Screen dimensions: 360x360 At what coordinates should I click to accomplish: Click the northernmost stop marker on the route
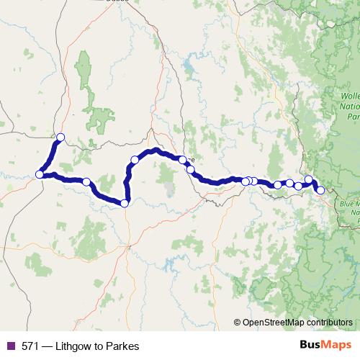pos(60,137)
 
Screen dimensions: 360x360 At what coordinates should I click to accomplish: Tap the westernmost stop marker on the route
pos(39,174)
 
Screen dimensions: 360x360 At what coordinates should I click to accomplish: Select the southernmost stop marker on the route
pos(125,203)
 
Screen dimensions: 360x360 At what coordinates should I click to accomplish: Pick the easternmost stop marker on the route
pos(320,190)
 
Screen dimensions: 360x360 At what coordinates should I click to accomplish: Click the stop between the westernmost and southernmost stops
pos(86,182)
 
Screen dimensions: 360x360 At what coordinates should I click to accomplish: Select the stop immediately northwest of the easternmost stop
pos(309,179)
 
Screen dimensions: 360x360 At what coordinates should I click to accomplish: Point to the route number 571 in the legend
pos(28,346)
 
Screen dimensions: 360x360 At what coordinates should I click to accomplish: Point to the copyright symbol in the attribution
pos(237,323)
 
